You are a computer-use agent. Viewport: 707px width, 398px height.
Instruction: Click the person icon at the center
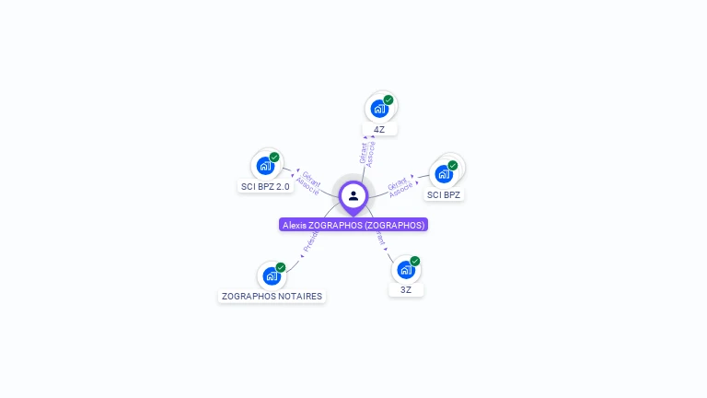(x=353, y=195)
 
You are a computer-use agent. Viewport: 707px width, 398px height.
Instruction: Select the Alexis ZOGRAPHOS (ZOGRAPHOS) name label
(x=353, y=225)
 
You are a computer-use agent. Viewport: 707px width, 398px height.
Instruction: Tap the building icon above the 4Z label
(x=378, y=109)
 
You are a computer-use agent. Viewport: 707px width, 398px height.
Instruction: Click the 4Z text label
(x=379, y=130)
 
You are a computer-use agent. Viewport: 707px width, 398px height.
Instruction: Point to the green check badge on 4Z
(x=388, y=99)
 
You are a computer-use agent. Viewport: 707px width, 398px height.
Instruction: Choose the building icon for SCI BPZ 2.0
(x=265, y=167)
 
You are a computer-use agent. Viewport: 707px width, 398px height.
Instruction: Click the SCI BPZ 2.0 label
(x=265, y=186)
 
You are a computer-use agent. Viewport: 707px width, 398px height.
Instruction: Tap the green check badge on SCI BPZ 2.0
(x=274, y=158)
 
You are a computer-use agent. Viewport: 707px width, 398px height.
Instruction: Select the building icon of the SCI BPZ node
(x=444, y=173)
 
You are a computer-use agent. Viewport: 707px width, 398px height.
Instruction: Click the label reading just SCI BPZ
(x=444, y=194)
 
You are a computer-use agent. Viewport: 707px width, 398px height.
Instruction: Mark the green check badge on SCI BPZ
(x=453, y=165)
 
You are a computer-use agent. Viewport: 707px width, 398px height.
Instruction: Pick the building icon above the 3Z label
(x=405, y=270)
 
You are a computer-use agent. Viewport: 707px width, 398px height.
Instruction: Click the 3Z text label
(x=406, y=290)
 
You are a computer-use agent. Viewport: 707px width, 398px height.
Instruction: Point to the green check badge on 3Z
(x=415, y=261)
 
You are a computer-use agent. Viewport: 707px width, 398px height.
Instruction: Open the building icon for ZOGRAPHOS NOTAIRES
(x=271, y=275)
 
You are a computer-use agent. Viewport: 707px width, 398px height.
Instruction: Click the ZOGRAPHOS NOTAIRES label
(x=272, y=297)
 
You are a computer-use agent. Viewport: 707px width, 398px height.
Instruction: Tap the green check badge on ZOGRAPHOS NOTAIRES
(x=281, y=267)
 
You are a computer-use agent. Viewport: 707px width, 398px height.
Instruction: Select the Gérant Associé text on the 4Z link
(x=366, y=153)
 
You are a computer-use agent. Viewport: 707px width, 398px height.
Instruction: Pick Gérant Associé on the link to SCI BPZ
(x=399, y=186)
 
